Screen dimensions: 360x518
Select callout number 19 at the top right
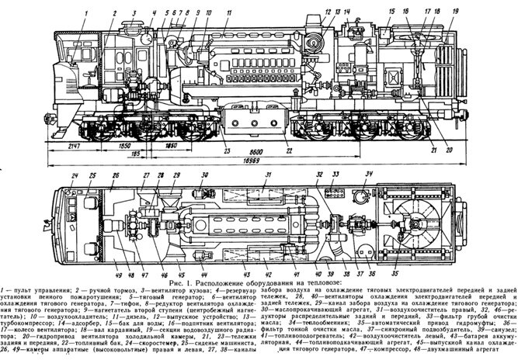point(456,12)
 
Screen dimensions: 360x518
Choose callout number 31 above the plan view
point(266,175)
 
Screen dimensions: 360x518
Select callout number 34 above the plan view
point(370,174)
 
